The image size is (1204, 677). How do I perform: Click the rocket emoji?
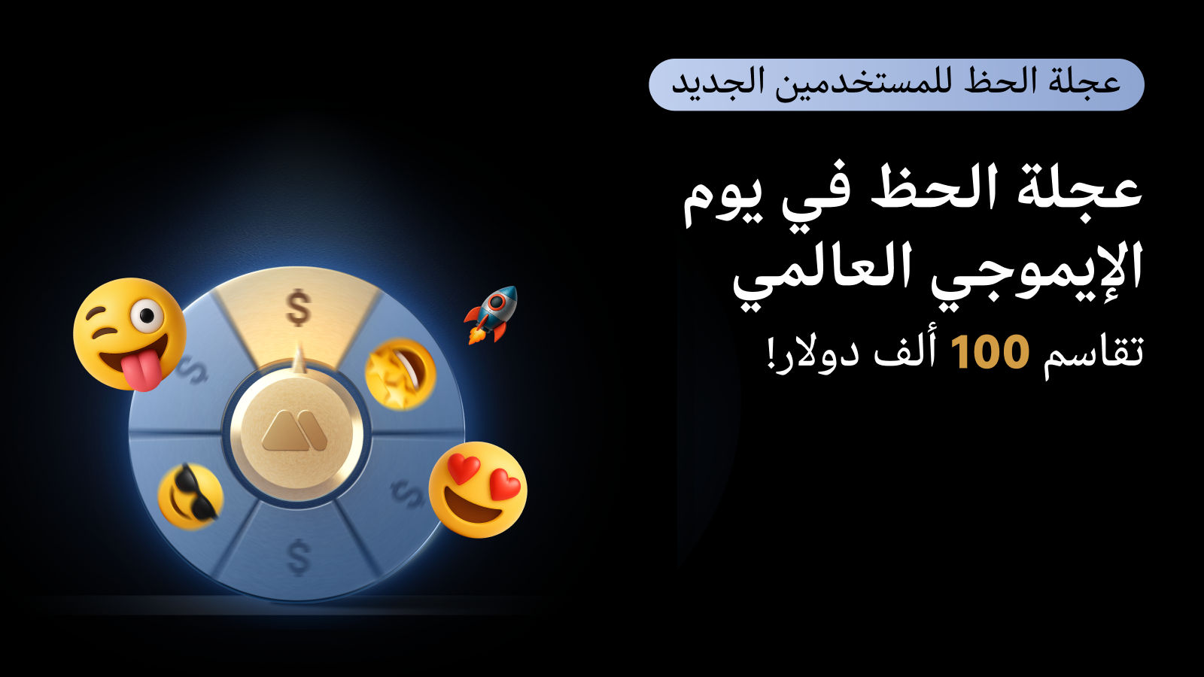[x=491, y=315]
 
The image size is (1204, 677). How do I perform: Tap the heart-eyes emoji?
[x=478, y=490]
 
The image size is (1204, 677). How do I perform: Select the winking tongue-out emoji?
[x=129, y=334]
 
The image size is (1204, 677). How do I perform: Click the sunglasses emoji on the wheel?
[x=190, y=496]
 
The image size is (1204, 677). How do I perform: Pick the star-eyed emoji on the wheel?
[x=400, y=374]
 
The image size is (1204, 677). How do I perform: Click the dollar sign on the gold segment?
[x=298, y=308]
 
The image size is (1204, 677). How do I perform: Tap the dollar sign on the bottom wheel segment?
[x=299, y=558]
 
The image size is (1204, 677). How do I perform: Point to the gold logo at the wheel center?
[x=294, y=430]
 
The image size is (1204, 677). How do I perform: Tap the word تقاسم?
[x=1093, y=354]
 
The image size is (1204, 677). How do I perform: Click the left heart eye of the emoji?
[x=464, y=468]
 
